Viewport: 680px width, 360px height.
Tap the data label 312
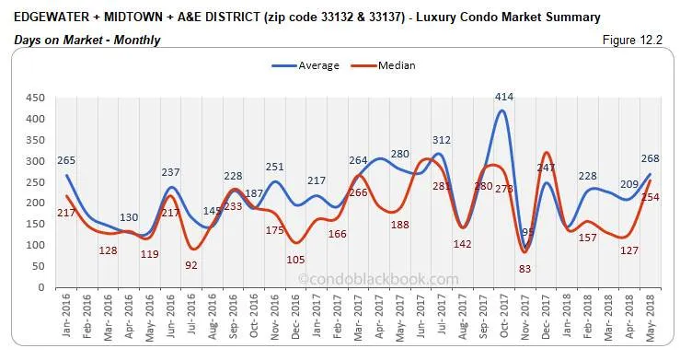point(442,140)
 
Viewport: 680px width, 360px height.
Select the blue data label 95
point(528,234)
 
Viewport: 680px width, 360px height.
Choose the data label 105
point(295,260)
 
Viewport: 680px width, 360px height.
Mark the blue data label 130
point(130,217)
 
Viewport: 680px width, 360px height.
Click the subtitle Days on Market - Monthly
point(86,40)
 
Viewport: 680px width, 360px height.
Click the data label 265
point(64,159)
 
